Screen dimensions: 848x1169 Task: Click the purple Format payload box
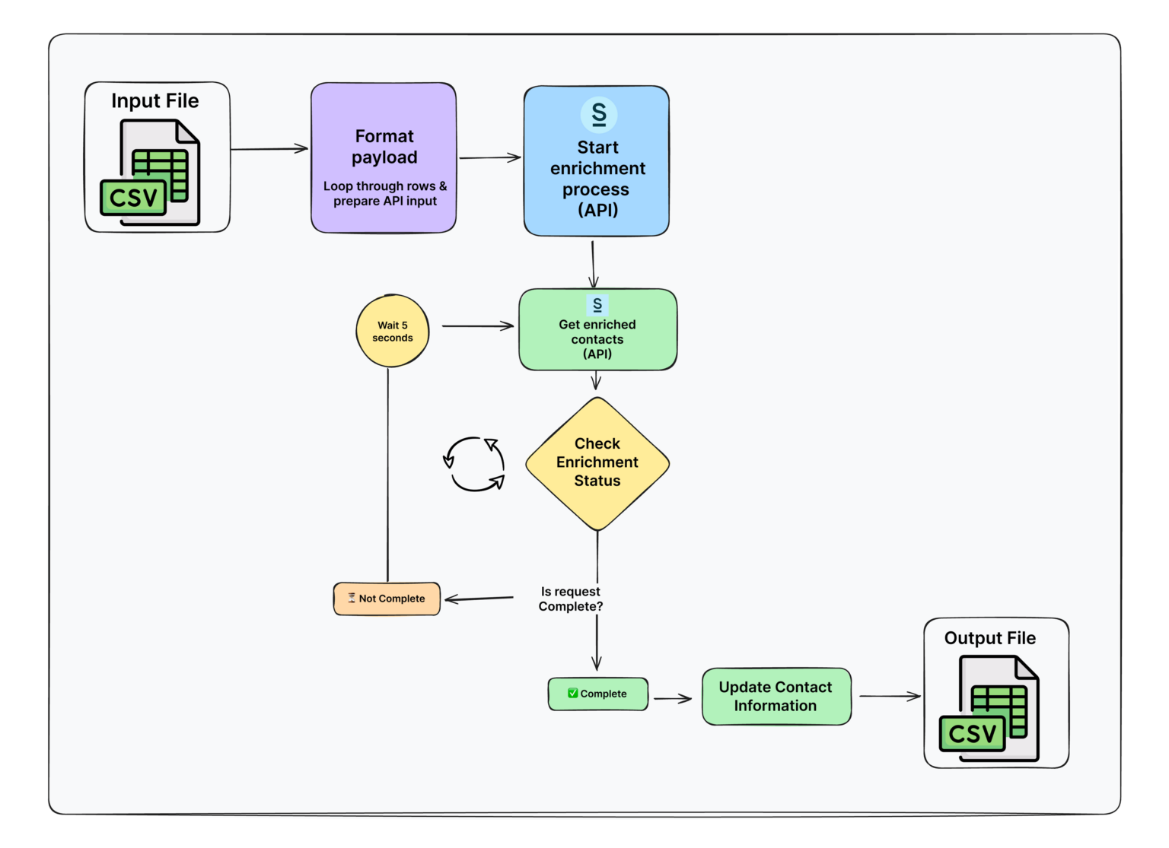[x=384, y=157]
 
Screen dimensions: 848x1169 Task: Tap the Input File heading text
[x=155, y=101]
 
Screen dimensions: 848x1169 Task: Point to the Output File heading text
[x=989, y=638]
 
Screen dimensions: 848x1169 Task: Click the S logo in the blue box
[x=599, y=115]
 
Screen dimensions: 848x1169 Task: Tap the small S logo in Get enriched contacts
[x=597, y=305]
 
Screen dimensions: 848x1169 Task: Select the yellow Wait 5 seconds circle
[x=393, y=332]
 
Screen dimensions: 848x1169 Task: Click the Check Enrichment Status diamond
[x=597, y=463]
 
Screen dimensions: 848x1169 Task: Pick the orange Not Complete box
[x=387, y=599]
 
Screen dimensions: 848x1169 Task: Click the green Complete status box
[x=598, y=694]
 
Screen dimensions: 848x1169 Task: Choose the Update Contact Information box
[x=776, y=697]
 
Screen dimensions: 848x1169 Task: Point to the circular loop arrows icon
[x=474, y=464]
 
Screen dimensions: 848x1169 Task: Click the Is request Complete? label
[x=571, y=599]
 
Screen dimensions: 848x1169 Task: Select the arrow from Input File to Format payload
[x=269, y=149]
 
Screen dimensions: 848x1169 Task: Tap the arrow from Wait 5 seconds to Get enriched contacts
[x=477, y=326]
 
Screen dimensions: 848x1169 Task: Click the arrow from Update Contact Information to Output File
[x=889, y=696]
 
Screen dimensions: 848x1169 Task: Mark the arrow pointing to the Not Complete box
[x=479, y=599]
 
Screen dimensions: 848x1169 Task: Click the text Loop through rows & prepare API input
[x=384, y=194]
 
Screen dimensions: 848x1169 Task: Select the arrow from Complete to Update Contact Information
[x=673, y=698]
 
